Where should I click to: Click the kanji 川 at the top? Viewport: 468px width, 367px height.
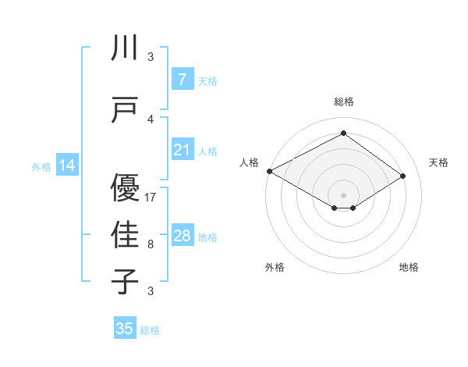(x=125, y=48)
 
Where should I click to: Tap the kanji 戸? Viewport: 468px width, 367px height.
(x=125, y=109)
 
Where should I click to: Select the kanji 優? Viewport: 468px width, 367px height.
(x=125, y=188)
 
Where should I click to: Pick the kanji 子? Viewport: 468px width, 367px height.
(x=125, y=281)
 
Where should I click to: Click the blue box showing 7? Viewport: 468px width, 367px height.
(x=182, y=80)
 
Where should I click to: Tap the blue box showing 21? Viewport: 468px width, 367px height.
(x=182, y=150)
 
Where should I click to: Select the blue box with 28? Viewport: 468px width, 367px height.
(x=182, y=236)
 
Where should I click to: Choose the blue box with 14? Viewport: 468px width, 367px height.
(x=67, y=166)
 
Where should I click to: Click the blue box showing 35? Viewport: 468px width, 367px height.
(x=125, y=329)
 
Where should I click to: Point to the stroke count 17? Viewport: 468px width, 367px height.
(x=151, y=198)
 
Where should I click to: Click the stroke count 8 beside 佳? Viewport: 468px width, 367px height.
(x=151, y=244)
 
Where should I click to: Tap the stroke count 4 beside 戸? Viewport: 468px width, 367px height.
(x=151, y=119)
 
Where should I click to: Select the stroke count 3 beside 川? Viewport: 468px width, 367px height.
(x=151, y=57)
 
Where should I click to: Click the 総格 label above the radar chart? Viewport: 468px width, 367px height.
(x=343, y=102)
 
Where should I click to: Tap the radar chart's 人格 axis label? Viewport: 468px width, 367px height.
(x=249, y=162)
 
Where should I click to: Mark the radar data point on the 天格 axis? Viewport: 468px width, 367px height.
(x=403, y=176)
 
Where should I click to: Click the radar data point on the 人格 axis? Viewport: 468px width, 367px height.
(x=269, y=171)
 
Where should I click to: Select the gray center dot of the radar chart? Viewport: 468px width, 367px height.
(x=343, y=194)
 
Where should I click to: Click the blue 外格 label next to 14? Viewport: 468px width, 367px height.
(x=41, y=166)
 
